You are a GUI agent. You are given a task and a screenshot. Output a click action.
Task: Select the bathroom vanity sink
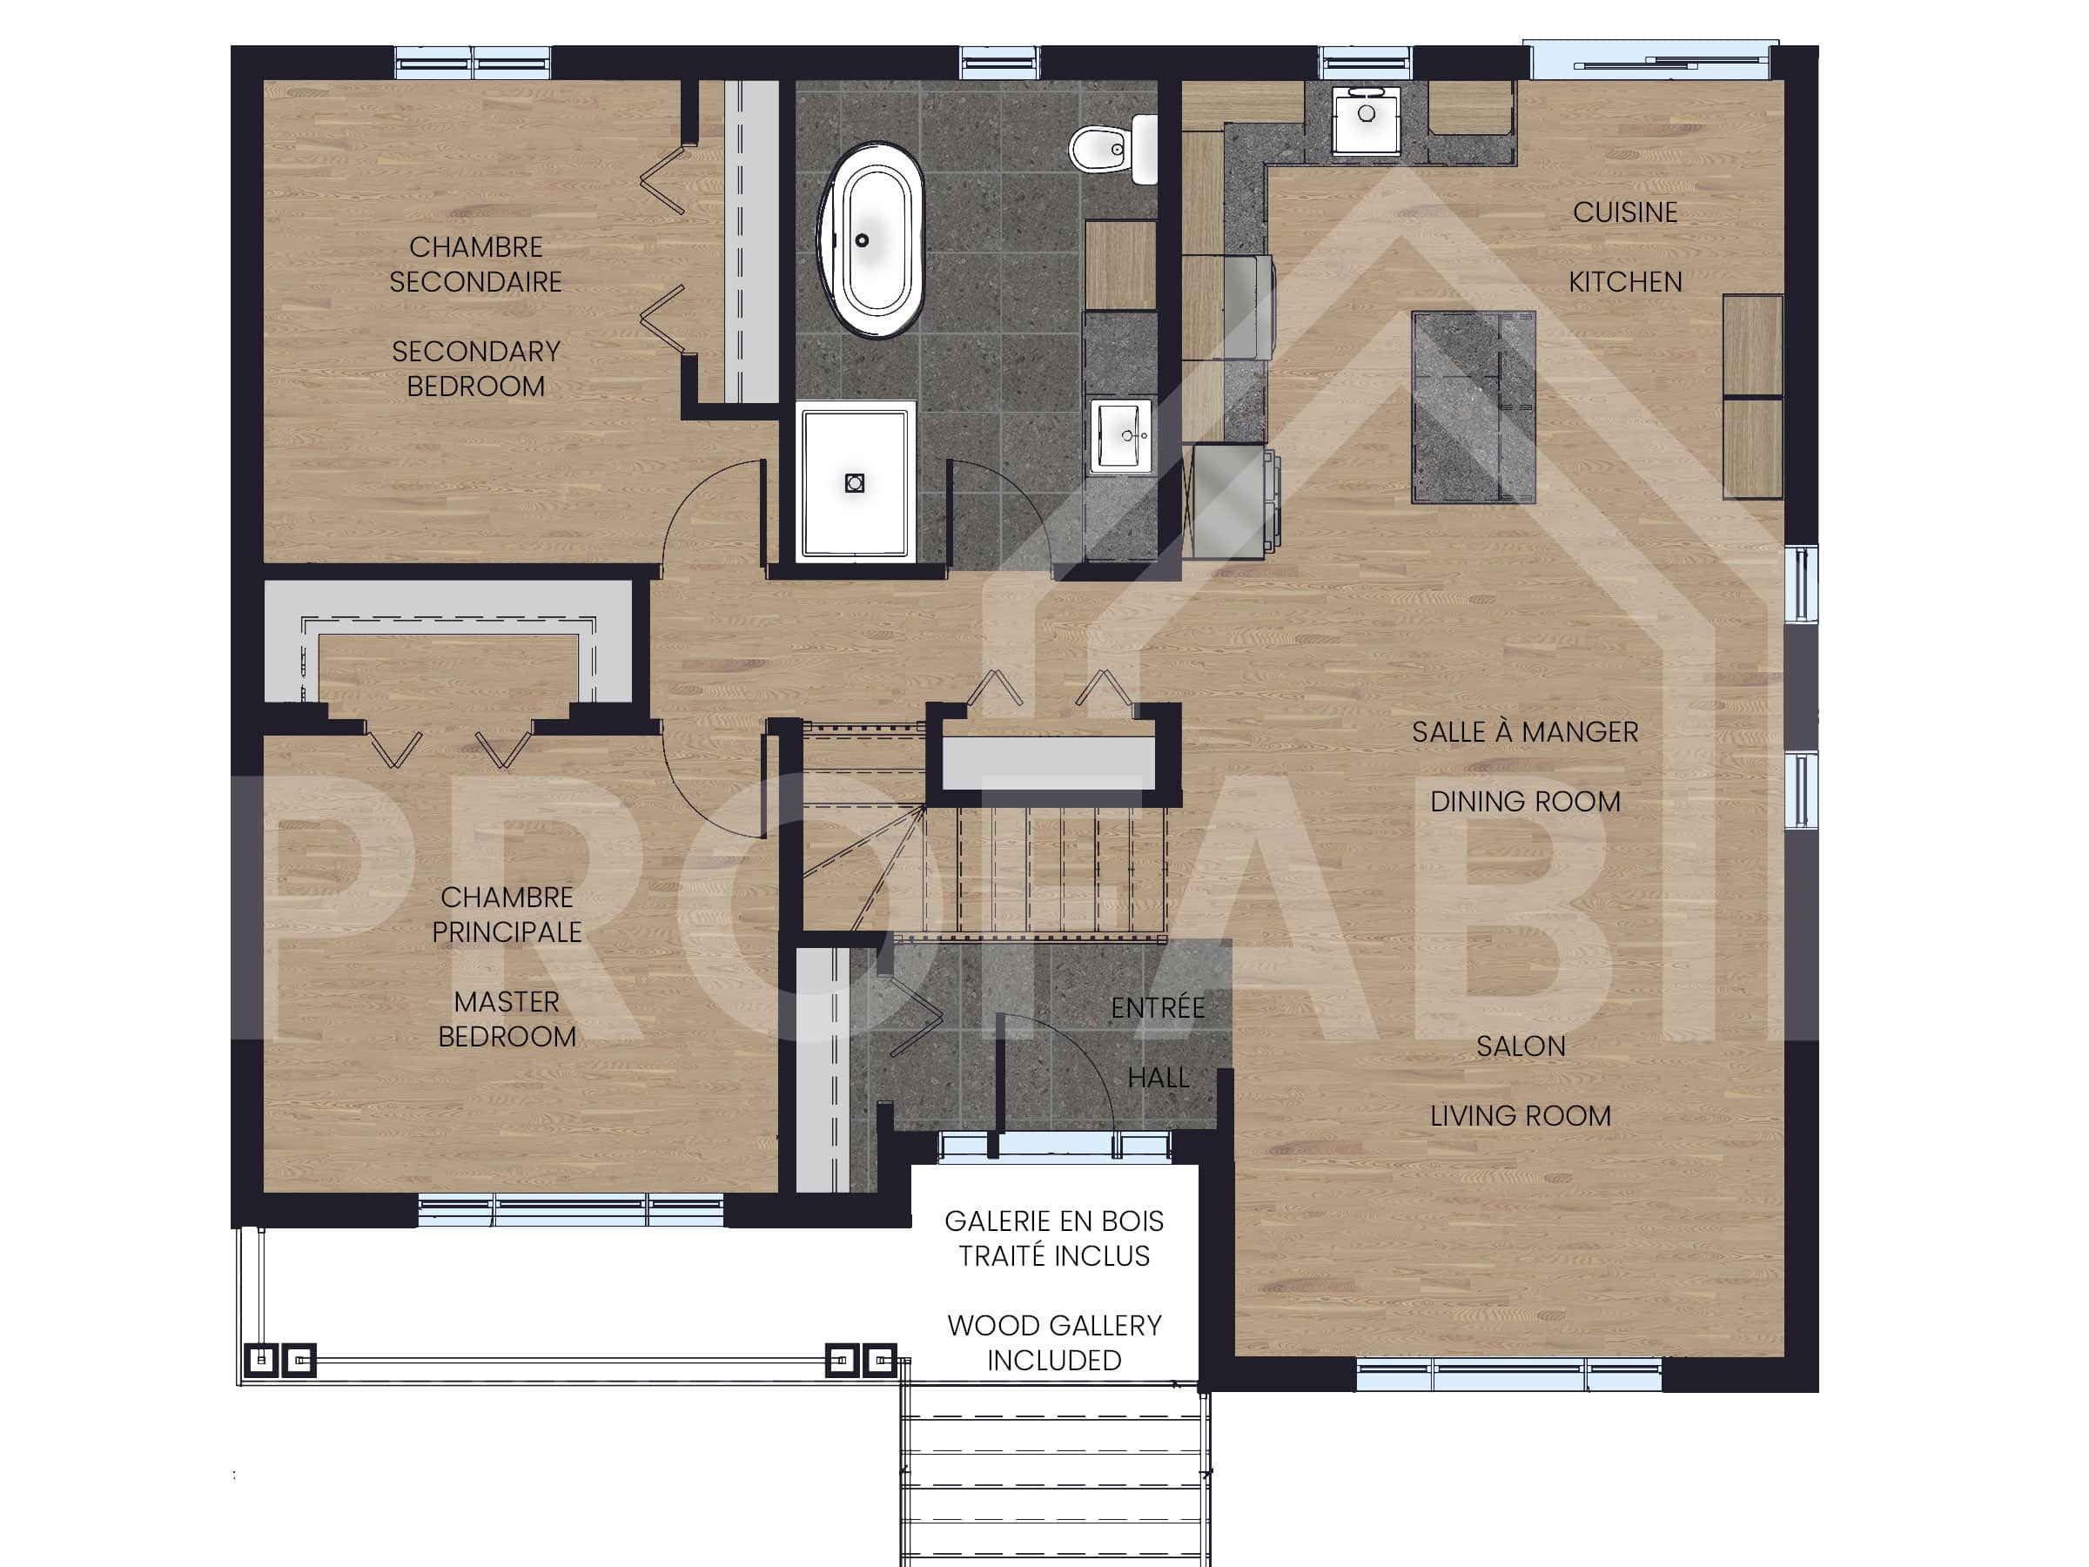click(1121, 435)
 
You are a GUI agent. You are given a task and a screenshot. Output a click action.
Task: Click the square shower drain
click(855, 482)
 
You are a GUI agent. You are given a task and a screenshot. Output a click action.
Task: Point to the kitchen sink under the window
click(1366, 118)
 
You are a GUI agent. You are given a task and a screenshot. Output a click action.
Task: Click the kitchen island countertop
click(1474, 407)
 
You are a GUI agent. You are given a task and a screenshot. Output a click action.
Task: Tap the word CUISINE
click(1624, 212)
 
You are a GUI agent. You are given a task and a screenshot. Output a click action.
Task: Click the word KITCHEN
click(1624, 281)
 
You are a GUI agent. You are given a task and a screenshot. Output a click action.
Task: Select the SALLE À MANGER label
click(1524, 732)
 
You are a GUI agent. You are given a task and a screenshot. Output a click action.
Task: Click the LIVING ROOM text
click(1520, 1115)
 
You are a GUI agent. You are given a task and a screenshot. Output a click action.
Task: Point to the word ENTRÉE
click(1157, 1008)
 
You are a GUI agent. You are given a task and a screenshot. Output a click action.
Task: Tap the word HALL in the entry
click(1157, 1077)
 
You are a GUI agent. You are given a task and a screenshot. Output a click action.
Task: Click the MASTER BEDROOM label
click(507, 1019)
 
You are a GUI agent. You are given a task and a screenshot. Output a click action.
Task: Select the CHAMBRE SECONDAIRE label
click(476, 265)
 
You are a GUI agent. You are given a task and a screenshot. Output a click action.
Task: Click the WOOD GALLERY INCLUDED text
click(1054, 1342)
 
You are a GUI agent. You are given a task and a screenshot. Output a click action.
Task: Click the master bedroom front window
click(570, 1210)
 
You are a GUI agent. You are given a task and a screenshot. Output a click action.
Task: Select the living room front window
click(1508, 1375)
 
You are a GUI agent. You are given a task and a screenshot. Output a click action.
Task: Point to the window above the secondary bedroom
click(472, 64)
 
